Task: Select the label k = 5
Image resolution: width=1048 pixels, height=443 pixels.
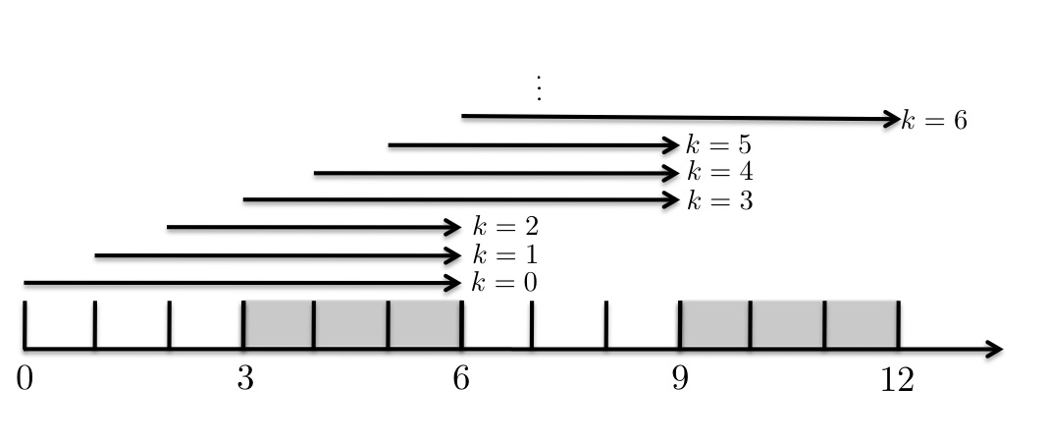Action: click(x=719, y=146)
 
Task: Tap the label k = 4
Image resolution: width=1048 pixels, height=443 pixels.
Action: click(x=719, y=173)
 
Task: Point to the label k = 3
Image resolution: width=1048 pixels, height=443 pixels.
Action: click(x=719, y=200)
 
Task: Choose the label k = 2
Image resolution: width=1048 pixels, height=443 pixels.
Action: click(x=504, y=228)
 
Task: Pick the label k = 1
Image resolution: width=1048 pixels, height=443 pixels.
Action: click(x=504, y=255)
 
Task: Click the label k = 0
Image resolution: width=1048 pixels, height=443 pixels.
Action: click(x=504, y=283)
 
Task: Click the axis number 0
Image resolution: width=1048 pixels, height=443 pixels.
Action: click(x=25, y=379)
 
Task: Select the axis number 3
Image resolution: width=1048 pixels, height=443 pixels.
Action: click(x=244, y=379)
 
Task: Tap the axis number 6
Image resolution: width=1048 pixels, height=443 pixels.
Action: click(x=461, y=379)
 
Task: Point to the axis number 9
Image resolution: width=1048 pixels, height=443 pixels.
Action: click(x=680, y=379)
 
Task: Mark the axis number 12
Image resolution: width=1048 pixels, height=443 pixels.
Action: click(x=897, y=379)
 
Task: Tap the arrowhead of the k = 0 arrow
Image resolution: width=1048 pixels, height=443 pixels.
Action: click(x=453, y=284)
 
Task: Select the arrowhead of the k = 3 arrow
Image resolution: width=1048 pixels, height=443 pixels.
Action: click(x=671, y=200)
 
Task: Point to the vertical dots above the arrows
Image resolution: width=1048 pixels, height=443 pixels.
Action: click(x=538, y=88)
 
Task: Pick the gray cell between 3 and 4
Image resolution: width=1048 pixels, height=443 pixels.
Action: click(x=279, y=324)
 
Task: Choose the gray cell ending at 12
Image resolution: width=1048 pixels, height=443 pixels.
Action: click(x=862, y=324)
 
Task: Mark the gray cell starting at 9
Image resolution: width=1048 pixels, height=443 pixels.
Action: click(x=715, y=324)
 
